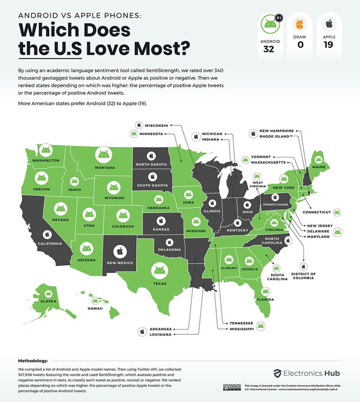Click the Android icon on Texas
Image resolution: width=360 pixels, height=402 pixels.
(158, 269)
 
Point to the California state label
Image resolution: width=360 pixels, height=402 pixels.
(49, 243)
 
